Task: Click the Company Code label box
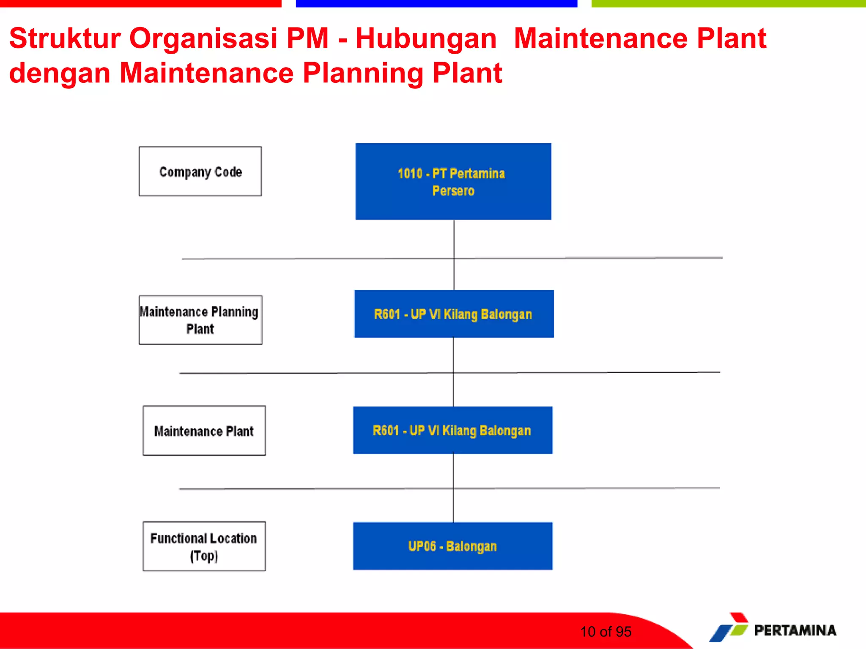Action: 200,171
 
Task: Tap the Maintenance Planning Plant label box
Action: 200,320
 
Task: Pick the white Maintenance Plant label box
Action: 204,431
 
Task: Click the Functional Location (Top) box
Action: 204,546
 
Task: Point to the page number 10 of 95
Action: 606,632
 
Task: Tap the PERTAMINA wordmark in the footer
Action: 795,630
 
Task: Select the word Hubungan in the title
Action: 426,38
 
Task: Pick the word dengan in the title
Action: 60,73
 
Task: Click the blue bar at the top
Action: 436,3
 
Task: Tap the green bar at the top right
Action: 728,3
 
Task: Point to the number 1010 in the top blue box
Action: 410,174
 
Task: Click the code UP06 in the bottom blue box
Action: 422,546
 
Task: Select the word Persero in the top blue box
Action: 453,191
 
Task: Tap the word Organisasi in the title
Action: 203,38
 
